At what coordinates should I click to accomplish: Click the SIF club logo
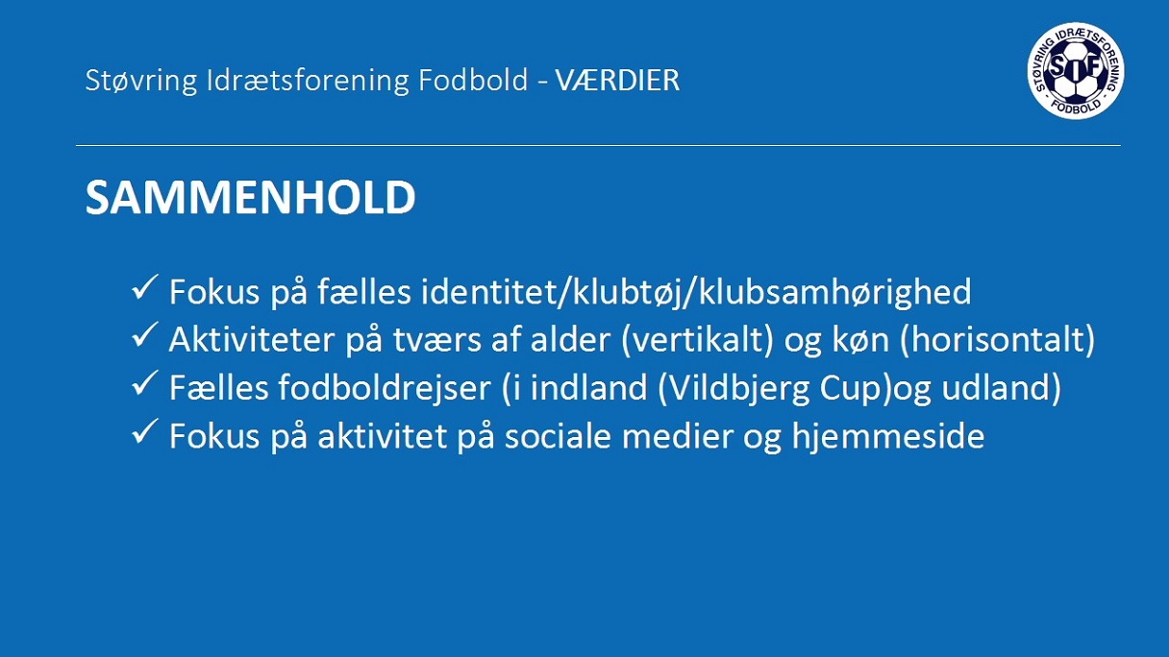coord(1076,71)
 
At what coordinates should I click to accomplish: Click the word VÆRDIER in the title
coord(617,81)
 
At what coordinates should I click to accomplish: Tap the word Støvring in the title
coord(141,81)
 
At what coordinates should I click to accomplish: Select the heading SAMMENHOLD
coord(251,197)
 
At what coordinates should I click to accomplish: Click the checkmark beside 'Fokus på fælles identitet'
coord(144,287)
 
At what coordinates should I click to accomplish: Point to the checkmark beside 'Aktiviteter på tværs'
coord(144,335)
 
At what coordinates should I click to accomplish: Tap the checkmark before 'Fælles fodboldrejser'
coord(144,383)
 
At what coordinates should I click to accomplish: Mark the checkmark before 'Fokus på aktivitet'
coord(144,431)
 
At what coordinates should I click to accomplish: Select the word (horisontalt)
coord(997,340)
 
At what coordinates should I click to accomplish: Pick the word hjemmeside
coord(888,436)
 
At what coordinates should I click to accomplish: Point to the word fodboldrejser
coord(385,388)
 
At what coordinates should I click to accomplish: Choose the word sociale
coord(558,436)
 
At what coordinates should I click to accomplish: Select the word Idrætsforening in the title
coord(308,81)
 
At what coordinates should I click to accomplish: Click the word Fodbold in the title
coord(473,81)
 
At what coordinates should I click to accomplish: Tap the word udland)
coord(1002,388)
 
